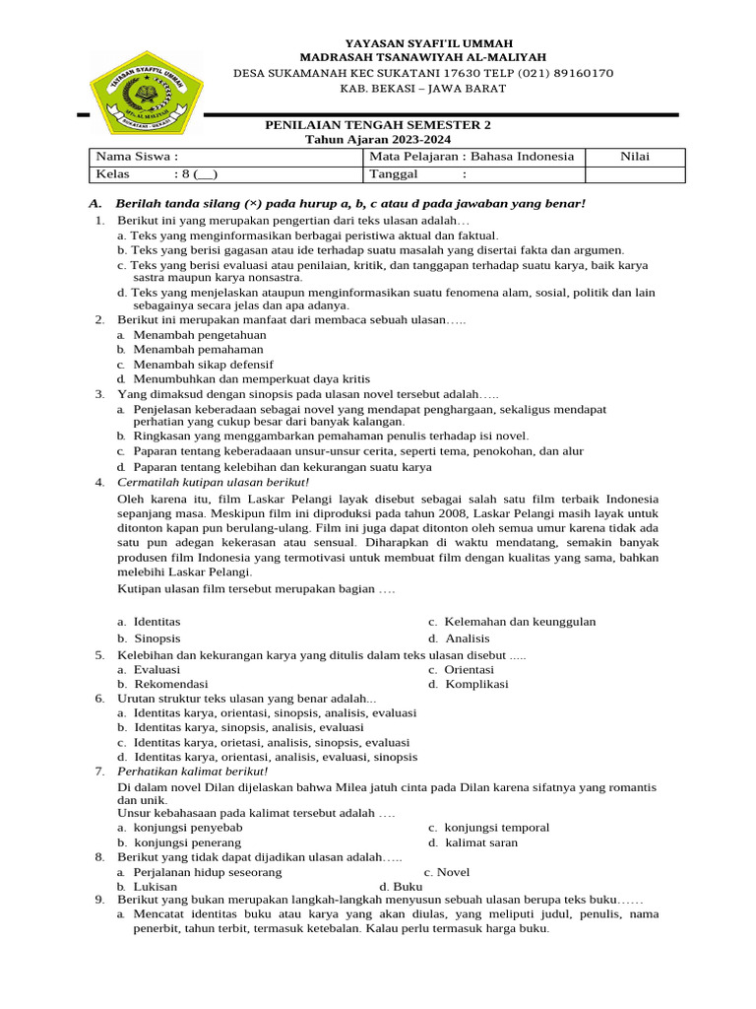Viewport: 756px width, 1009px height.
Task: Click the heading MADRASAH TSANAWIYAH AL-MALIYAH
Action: pos(423,58)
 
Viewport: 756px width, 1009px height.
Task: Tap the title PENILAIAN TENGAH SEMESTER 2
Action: pos(379,125)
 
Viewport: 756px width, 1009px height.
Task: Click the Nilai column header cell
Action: pos(635,157)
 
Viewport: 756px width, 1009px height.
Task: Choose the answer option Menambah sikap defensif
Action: pos(204,364)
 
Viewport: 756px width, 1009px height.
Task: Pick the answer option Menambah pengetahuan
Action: pos(200,335)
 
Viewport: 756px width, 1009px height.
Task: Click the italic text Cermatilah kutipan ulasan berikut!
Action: pos(214,482)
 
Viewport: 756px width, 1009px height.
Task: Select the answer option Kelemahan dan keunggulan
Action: pos(520,622)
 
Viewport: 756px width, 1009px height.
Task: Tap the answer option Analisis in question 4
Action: pos(467,639)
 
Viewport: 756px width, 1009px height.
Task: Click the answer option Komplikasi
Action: pos(476,683)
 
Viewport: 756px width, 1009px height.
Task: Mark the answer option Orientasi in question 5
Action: pos(469,669)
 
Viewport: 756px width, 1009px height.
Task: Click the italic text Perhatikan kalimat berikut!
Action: pos(193,771)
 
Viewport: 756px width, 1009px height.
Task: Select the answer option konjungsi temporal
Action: pos(496,828)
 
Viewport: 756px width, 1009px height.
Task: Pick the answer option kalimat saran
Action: pos(480,842)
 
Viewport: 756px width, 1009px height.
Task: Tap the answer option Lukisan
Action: pos(156,886)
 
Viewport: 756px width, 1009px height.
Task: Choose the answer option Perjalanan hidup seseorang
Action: pos(208,872)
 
